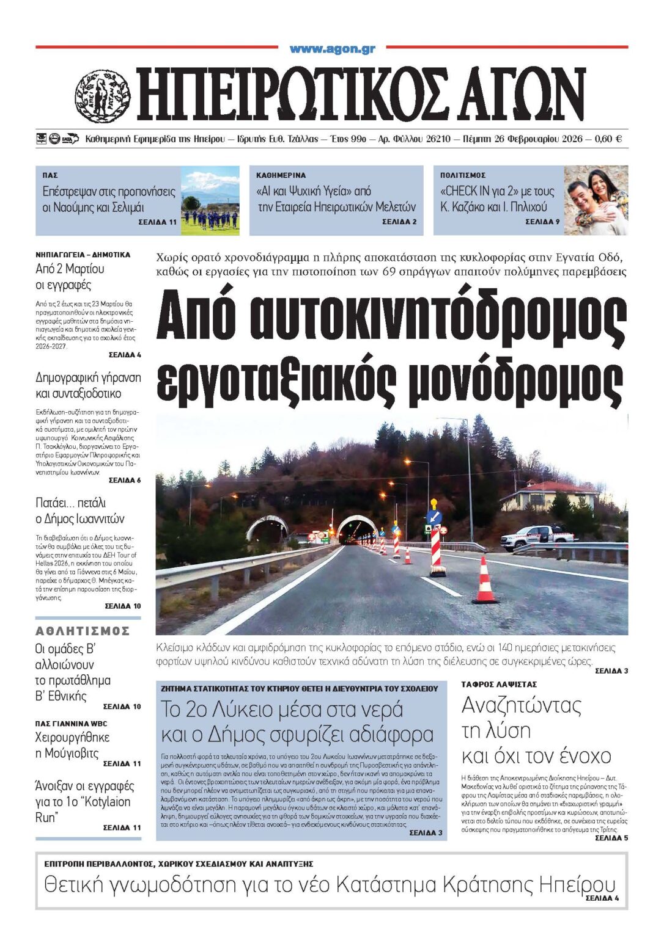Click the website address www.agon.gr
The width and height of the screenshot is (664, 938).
332,49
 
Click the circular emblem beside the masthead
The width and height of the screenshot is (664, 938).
103,96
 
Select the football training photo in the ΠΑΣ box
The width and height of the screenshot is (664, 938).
210,201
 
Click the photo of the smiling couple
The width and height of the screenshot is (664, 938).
596,200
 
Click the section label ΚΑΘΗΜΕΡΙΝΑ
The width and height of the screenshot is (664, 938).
281,175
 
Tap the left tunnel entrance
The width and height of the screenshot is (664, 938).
267,528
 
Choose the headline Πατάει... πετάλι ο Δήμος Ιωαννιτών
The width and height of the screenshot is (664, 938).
79,511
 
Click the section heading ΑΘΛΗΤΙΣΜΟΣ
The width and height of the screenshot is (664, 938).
83,631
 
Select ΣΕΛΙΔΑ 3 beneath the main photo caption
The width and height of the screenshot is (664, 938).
611,671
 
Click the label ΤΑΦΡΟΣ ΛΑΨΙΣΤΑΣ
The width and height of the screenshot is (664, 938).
499,685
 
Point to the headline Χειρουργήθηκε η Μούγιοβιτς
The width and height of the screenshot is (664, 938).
72,745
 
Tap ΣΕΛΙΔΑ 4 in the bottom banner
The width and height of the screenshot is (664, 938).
602,898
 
